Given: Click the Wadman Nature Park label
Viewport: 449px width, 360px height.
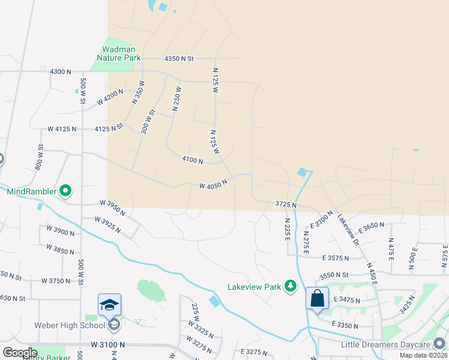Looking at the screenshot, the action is pyautogui.click(x=118, y=53).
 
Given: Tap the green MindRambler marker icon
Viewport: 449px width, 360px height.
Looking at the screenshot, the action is pyautogui.click(x=67, y=192).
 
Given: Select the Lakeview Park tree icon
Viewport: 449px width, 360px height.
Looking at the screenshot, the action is pyautogui.click(x=291, y=286).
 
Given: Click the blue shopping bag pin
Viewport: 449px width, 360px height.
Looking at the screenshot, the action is pyautogui.click(x=317, y=298).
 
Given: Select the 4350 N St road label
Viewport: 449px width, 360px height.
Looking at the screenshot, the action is pyautogui.click(x=179, y=59).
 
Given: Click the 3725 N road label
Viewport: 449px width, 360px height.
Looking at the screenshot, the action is pyautogui.click(x=285, y=205).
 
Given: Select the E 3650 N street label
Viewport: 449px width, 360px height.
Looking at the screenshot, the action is pyautogui.click(x=375, y=227).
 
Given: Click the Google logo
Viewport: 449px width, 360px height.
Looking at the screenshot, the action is pyautogui.click(x=20, y=353).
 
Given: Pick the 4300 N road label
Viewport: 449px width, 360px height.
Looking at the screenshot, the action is pyautogui.click(x=61, y=71).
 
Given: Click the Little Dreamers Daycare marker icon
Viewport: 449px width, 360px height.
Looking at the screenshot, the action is pyautogui.click(x=440, y=344).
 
